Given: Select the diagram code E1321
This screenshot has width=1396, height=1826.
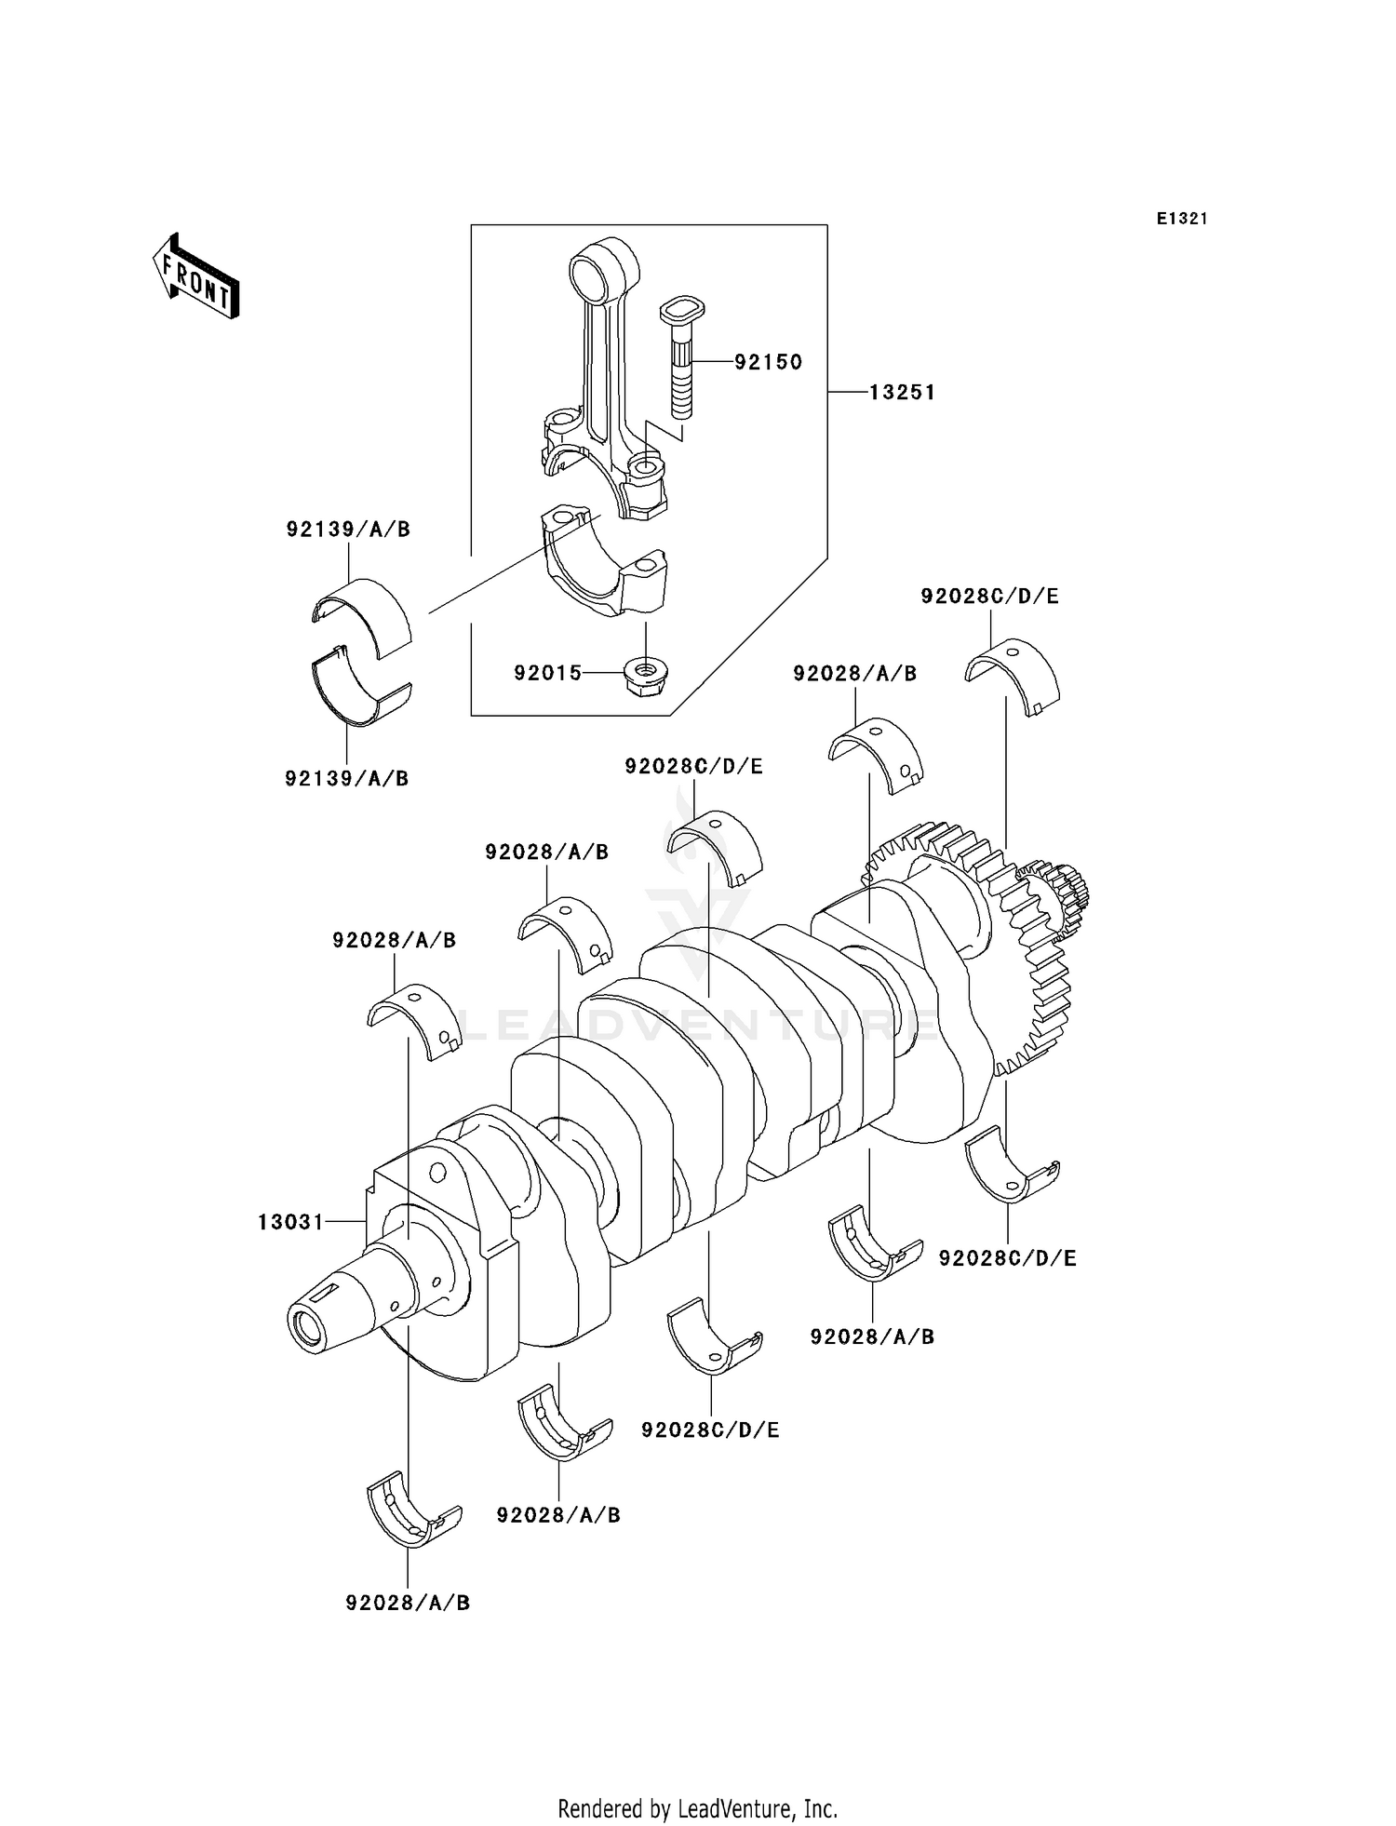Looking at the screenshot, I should click(x=1182, y=219).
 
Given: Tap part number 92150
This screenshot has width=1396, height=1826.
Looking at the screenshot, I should click(x=768, y=362).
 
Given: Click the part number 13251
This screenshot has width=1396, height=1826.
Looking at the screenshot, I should click(x=902, y=393).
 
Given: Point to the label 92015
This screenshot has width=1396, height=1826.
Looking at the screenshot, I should click(x=547, y=672).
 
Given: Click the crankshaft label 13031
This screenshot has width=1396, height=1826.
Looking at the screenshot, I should click(x=290, y=1221).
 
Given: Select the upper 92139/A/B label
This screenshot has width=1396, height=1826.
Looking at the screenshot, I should click(x=348, y=530).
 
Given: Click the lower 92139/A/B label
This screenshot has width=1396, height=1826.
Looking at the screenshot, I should click(x=347, y=779).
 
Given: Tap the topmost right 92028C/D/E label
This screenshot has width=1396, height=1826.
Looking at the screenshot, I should click(x=989, y=597).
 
